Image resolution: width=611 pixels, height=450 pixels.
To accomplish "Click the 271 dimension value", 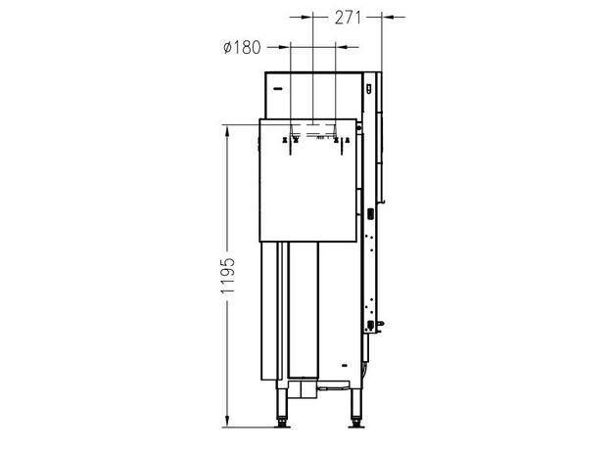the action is point(348,18).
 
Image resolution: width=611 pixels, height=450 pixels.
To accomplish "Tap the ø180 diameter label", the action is point(242,48).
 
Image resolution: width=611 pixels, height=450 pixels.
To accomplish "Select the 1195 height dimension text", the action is point(227,275).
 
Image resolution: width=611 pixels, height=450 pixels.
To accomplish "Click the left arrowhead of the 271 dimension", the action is point(306,18).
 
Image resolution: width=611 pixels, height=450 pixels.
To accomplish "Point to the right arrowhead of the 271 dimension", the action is point(389,18).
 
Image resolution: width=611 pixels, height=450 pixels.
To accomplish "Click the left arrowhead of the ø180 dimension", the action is point(284,47).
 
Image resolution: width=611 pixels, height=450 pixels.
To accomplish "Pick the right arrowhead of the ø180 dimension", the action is point(342,47).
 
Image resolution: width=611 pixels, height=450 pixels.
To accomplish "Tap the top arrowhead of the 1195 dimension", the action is point(227,131).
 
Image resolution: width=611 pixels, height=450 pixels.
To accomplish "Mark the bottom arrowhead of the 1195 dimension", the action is point(227,421).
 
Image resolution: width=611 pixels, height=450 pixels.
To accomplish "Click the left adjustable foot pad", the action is point(282,425).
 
